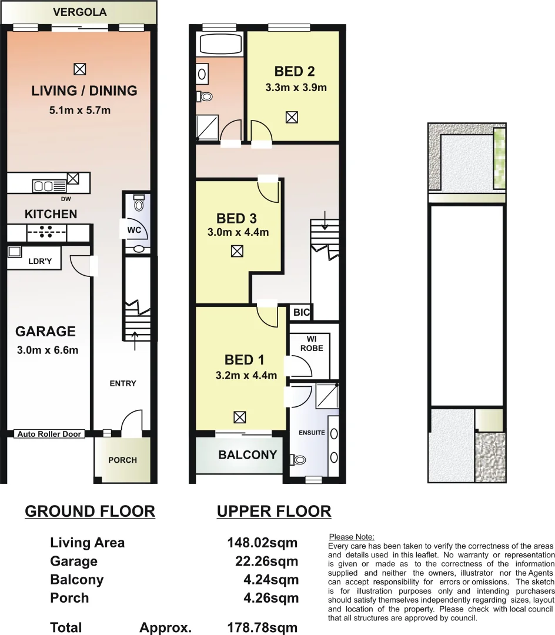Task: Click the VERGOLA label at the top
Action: (x=79, y=12)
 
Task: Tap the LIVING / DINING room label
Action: (x=84, y=91)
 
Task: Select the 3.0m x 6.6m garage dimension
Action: (x=48, y=351)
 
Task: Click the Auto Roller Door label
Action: (x=50, y=434)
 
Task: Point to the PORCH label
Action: (x=123, y=460)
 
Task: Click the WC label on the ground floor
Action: (x=133, y=230)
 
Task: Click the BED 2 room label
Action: (x=295, y=72)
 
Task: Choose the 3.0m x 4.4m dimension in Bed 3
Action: (x=238, y=232)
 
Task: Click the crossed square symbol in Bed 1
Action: (x=239, y=417)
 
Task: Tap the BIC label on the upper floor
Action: (x=301, y=313)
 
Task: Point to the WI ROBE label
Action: (x=312, y=343)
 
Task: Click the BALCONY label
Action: (x=248, y=454)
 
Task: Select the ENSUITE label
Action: (x=312, y=433)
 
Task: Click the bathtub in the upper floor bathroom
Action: (x=221, y=44)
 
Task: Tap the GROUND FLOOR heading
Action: (x=90, y=512)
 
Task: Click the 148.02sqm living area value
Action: (x=262, y=542)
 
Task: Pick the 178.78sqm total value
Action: (x=262, y=627)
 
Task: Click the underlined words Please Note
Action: (x=352, y=536)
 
